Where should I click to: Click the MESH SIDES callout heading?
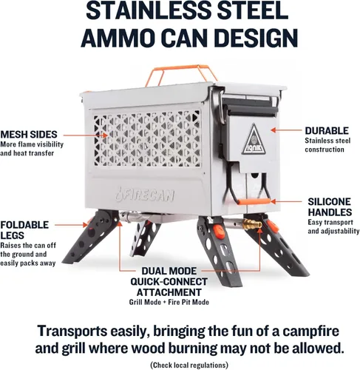[x=29, y=135]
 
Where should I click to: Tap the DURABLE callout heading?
[x=327, y=130]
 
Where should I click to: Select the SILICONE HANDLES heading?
[x=330, y=207]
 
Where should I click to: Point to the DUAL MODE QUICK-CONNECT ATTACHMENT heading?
[x=169, y=282]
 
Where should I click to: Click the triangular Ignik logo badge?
[x=254, y=139]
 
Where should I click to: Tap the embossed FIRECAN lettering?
[x=146, y=195]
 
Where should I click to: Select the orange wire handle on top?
[x=180, y=68]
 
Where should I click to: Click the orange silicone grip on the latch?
[x=254, y=201]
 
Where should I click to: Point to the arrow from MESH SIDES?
[x=86, y=135]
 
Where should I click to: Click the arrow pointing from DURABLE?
[x=286, y=130]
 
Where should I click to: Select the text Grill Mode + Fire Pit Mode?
[x=169, y=302]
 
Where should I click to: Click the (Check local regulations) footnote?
[x=189, y=365]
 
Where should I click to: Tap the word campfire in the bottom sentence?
[x=310, y=331]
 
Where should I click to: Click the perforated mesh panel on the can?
[x=147, y=138]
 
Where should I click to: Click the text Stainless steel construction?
[x=327, y=145]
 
